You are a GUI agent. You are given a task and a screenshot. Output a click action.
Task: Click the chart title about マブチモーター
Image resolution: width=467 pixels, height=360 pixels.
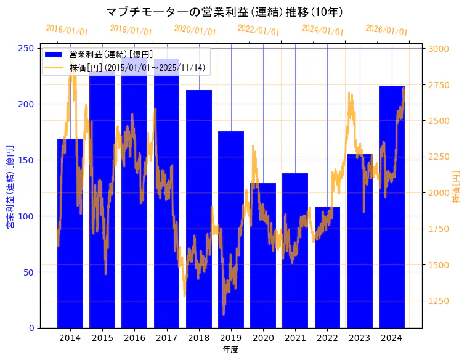click(x=224, y=12)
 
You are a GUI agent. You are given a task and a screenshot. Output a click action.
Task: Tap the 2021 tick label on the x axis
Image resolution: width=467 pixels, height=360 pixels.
click(x=295, y=338)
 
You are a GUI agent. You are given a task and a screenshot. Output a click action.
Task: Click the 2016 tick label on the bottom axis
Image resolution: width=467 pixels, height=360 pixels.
click(x=134, y=338)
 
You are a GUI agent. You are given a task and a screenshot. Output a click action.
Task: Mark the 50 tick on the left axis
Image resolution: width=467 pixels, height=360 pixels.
click(x=29, y=272)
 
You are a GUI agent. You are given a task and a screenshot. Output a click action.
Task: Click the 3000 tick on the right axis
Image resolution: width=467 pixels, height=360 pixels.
click(x=439, y=48)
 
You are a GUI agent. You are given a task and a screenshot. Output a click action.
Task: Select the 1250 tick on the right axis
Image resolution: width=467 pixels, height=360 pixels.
click(x=439, y=301)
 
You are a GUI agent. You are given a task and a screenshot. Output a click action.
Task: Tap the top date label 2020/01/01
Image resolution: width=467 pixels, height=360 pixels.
click(x=195, y=30)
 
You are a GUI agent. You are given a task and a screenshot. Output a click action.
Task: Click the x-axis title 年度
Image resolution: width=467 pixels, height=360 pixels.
click(x=230, y=350)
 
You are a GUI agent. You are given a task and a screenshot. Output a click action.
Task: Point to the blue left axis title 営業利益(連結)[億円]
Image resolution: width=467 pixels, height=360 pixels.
click(x=10, y=187)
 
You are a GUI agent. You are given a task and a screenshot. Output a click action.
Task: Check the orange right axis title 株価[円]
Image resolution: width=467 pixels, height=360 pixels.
click(x=456, y=187)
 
